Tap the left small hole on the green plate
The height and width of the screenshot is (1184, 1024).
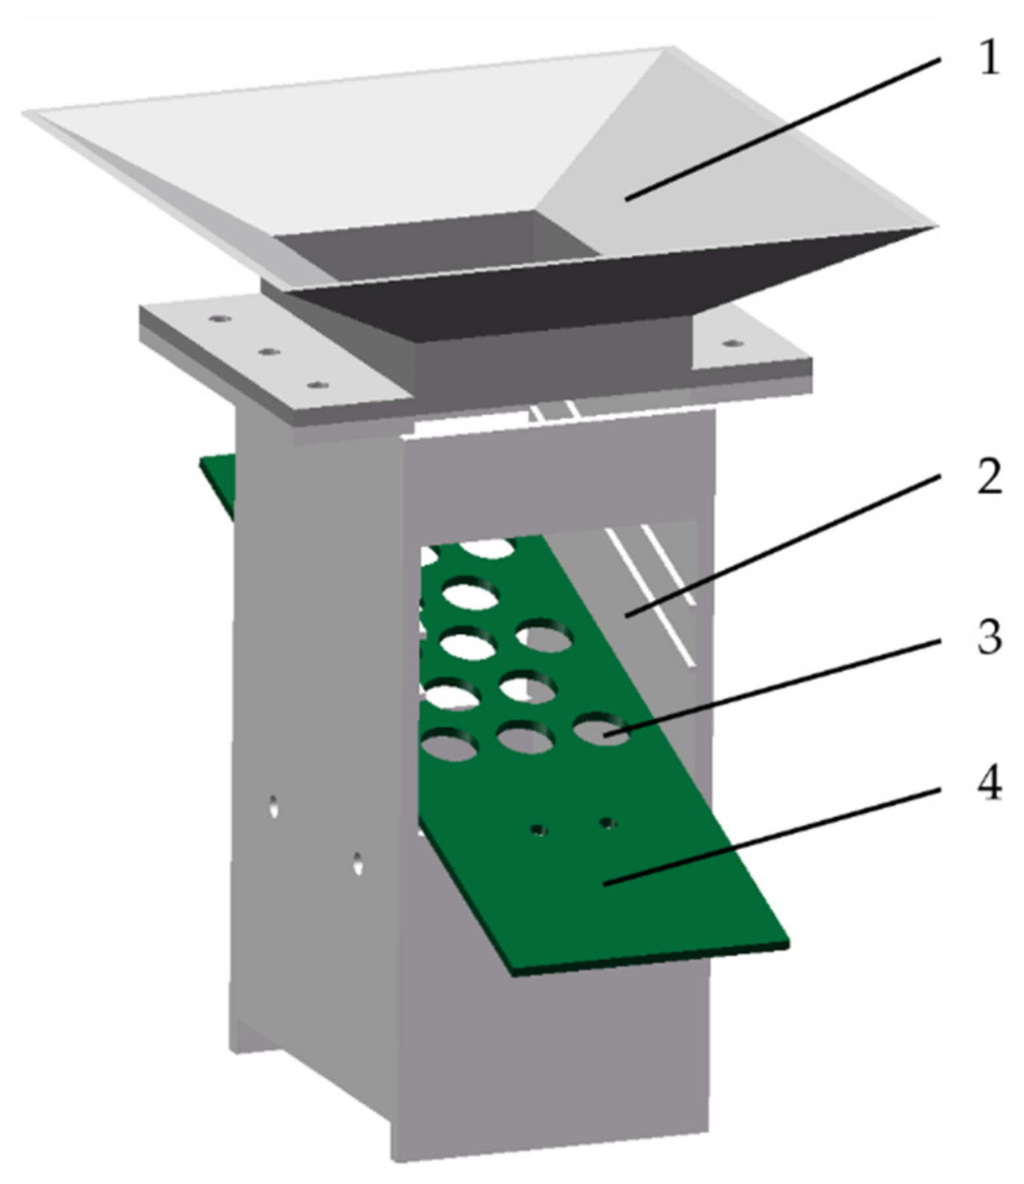coord(539,830)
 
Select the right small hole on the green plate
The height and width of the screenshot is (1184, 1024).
coord(608,823)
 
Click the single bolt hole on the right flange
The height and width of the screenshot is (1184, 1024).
coord(732,342)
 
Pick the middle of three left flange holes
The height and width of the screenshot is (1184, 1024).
coord(268,352)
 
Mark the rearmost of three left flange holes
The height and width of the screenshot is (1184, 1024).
coord(220,319)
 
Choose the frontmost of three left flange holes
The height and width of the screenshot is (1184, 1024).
coord(318,384)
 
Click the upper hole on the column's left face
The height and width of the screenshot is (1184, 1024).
coord(273,806)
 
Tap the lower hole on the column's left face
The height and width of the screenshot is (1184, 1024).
coord(357,862)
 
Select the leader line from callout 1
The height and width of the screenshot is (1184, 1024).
coord(782,128)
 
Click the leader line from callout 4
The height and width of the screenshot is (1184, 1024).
coord(772,837)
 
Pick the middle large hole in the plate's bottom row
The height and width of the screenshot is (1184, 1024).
coord(526,737)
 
